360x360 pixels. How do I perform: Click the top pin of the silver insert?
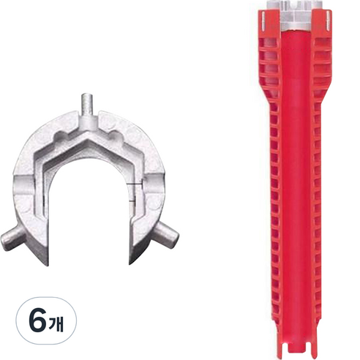[x=88, y=105]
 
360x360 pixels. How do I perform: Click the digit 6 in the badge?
[x=38, y=320]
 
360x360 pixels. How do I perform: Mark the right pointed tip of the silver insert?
[x=131, y=263]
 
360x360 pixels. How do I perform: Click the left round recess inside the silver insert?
[x=61, y=137]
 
